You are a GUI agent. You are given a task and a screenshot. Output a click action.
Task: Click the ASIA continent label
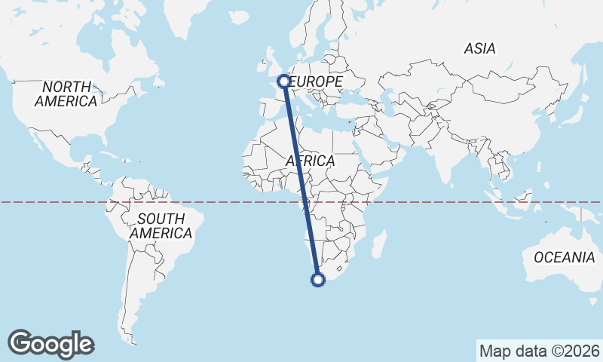[480, 49]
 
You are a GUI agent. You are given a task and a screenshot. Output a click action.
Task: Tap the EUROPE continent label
[317, 81]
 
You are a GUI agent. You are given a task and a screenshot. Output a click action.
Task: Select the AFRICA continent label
[310, 161]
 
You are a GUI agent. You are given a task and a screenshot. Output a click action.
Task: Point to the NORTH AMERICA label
[66, 94]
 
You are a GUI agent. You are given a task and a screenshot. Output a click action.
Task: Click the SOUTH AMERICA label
[161, 226]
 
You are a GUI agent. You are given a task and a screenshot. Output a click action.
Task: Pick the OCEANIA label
[564, 258]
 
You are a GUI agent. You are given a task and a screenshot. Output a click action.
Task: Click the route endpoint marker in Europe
[284, 81]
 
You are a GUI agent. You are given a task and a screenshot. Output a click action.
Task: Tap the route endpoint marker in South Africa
[318, 280]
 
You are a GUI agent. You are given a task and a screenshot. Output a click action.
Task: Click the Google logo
[51, 344]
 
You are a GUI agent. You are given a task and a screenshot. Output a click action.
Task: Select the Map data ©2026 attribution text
[540, 351]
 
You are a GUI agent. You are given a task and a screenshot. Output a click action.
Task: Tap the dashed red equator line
[452, 202]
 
